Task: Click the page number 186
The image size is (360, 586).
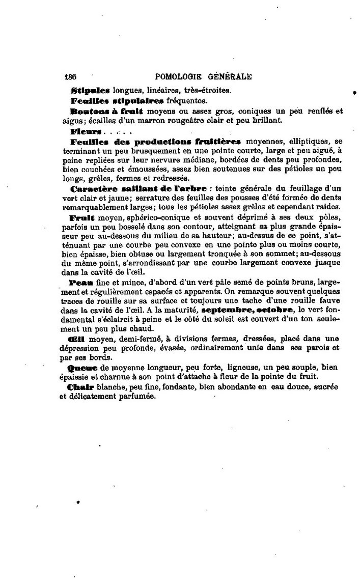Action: [x=70, y=77]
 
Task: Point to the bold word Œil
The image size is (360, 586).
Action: [x=79, y=339]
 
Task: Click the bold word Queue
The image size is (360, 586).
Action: [x=84, y=367]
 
